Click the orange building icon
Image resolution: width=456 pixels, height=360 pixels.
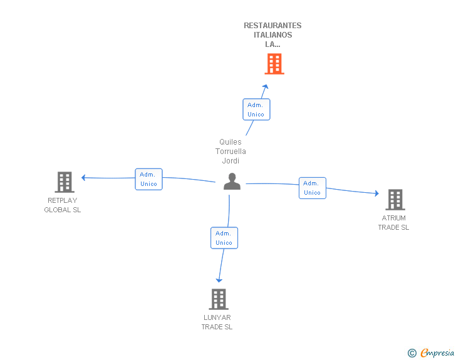274,64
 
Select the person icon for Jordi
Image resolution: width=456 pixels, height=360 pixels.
232,181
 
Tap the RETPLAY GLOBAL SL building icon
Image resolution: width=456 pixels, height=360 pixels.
65,182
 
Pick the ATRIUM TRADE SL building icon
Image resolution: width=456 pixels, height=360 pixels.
395,200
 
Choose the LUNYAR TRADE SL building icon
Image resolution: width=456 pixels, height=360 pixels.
219,299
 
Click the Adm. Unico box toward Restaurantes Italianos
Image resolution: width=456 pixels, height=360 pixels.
256,110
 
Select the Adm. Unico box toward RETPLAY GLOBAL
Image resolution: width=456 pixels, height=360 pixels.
148,179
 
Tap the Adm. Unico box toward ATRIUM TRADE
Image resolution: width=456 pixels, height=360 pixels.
313,188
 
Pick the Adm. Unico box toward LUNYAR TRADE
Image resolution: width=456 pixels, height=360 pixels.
224,238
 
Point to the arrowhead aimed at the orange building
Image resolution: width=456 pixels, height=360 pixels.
265,87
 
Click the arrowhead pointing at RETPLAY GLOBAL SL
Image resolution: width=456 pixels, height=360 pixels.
83,177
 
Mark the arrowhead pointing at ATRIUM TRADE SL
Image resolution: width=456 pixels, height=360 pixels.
377,193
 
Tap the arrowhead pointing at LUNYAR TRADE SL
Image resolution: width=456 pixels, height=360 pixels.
219,280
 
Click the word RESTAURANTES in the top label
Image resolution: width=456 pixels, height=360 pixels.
272,26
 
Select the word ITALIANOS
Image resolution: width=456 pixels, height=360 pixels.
273,35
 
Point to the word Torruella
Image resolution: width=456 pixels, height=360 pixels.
231,152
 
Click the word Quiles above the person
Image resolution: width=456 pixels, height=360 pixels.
231,142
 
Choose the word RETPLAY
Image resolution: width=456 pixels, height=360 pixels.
63,200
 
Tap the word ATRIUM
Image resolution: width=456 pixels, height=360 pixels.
394,218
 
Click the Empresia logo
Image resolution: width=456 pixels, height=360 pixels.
431,352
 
